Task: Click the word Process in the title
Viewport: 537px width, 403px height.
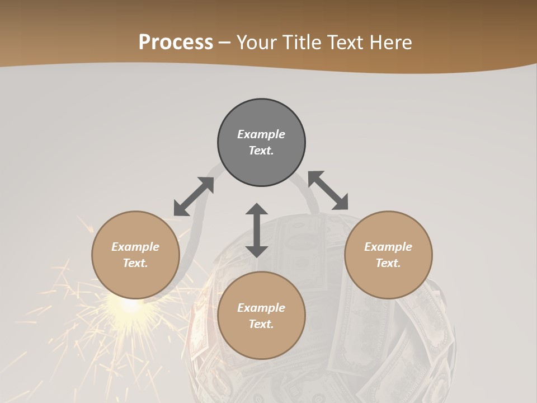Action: pyautogui.click(x=176, y=43)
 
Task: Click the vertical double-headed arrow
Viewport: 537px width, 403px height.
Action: pyautogui.click(x=257, y=230)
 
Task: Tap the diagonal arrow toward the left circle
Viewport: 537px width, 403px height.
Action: pyautogui.click(x=194, y=196)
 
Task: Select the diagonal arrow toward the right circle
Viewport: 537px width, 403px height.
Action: pyautogui.click(x=328, y=190)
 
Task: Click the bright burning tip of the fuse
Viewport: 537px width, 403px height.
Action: pyautogui.click(x=131, y=305)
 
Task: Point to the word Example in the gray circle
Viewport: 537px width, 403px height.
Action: pyautogui.click(x=261, y=134)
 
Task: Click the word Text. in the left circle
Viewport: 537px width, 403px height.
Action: pyautogui.click(x=135, y=263)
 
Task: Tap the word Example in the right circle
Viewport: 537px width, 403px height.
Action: pyautogui.click(x=388, y=247)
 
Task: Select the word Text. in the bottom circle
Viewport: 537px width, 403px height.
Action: pyautogui.click(x=261, y=324)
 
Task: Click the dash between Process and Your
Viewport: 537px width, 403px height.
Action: pyautogui.click(x=225, y=43)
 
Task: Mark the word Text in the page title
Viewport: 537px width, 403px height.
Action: pyautogui.click(x=346, y=43)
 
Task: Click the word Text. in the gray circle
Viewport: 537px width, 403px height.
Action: pyautogui.click(x=261, y=151)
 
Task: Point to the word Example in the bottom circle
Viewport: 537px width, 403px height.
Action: pyautogui.click(x=261, y=308)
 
